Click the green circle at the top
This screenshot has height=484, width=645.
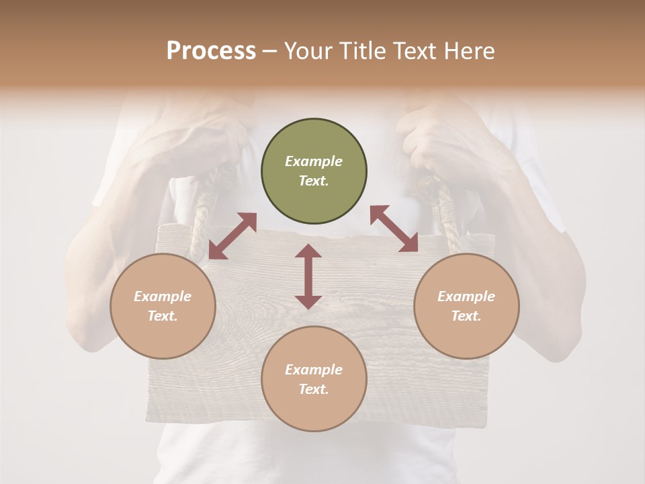(x=314, y=171)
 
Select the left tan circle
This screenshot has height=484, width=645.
(x=163, y=306)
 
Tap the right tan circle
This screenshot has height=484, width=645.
(x=466, y=306)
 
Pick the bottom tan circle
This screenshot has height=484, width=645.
(x=314, y=378)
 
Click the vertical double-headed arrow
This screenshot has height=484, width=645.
(x=308, y=276)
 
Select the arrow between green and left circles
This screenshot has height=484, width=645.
(x=232, y=236)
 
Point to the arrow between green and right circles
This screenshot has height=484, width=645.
(x=394, y=229)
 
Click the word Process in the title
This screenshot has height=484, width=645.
(x=211, y=51)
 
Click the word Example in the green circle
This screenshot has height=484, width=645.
(x=314, y=161)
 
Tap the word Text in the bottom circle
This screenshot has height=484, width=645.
(x=314, y=389)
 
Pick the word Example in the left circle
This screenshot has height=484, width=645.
(x=163, y=296)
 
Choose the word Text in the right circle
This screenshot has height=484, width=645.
(x=466, y=316)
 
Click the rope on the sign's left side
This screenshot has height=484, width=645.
(x=202, y=215)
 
